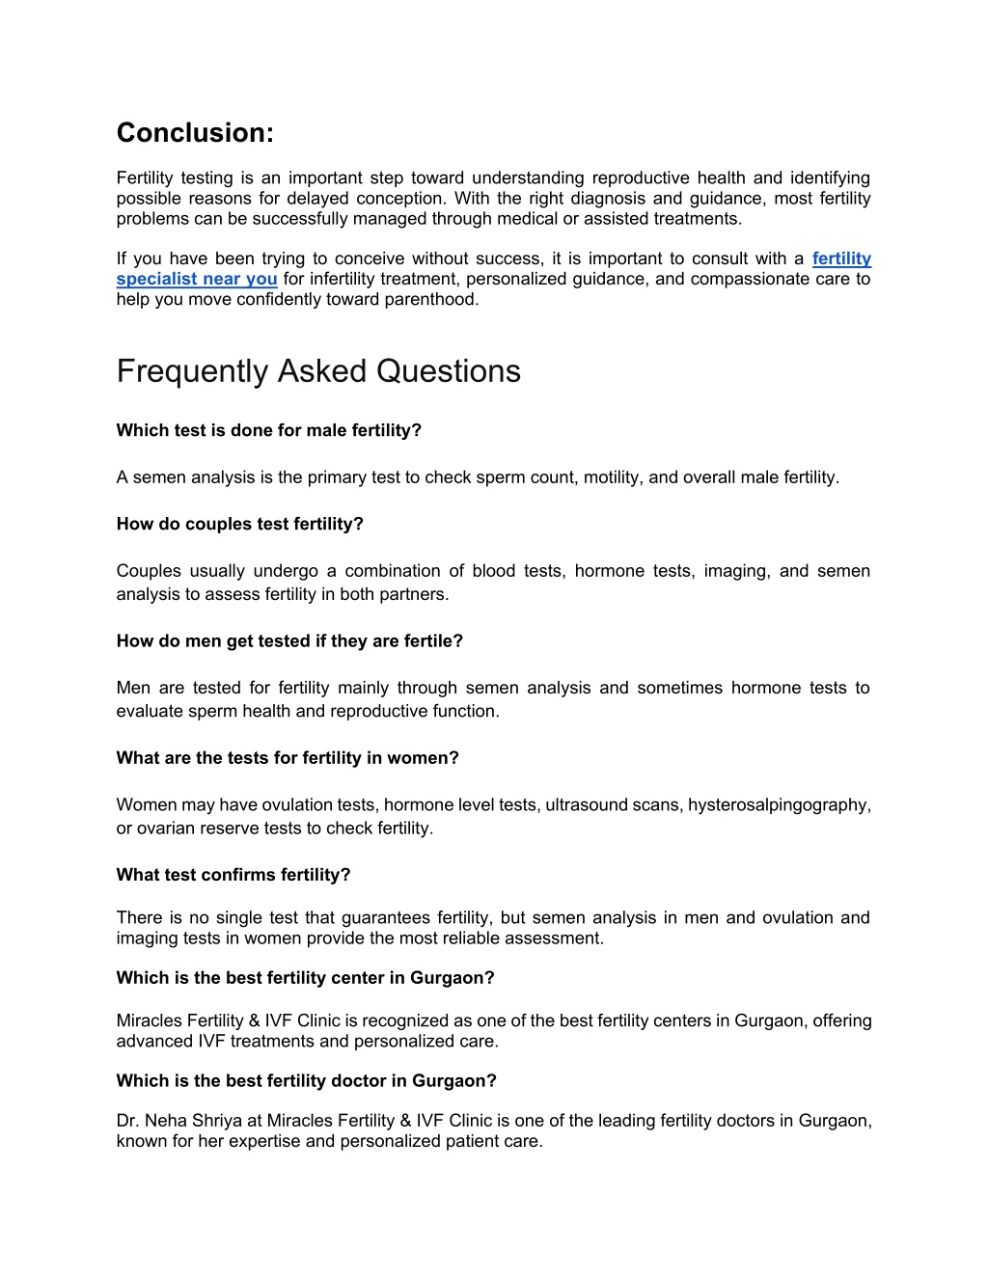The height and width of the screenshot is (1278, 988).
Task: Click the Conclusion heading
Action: [x=195, y=133]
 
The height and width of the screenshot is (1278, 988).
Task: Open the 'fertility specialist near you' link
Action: [x=197, y=279]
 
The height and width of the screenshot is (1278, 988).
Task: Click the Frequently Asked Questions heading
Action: [x=318, y=371]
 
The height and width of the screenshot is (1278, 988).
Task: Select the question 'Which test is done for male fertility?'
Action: [x=269, y=430]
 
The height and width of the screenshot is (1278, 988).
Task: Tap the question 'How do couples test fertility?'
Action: [x=240, y=524]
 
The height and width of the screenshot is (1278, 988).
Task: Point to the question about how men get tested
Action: [x=289, y=640]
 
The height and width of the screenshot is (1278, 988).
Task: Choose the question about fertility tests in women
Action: [x=288, y=758]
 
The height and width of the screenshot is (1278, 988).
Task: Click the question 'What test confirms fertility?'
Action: [x=233, y=875]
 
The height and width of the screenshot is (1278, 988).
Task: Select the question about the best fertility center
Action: [x=305, y=978]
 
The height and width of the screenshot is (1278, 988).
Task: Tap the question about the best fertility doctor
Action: [x=306, y=1081]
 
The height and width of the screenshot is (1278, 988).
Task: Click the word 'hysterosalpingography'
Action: [x=779, y=804]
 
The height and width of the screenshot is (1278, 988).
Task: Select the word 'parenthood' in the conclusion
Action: [x=431, y=299]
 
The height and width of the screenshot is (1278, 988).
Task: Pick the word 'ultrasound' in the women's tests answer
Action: [x=586, y=804]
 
